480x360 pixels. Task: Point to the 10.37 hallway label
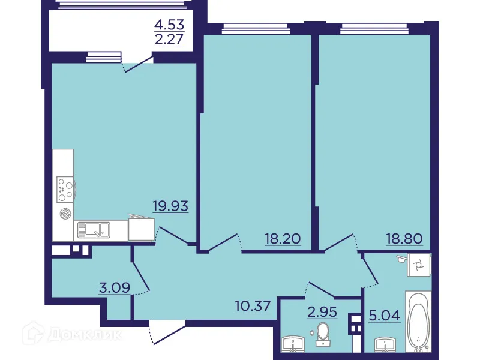(x=253, y=307)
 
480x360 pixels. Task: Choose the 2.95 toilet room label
(x=321, y=312)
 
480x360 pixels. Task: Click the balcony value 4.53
(x=169, y=25)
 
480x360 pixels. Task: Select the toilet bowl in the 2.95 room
(x=323, y=332)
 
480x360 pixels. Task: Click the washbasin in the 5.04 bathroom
(x=383, y=346)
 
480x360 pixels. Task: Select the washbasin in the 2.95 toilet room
(x=295, y=344)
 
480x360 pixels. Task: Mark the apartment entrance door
(x=165, y=333)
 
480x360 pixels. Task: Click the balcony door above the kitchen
(x=137, y=64)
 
